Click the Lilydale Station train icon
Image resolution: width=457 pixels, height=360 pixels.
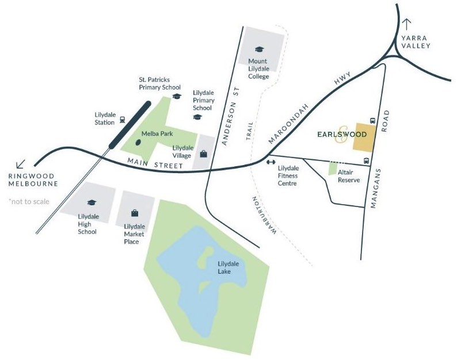point(123,121)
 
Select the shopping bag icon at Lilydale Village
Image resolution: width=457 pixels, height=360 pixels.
point(204,154)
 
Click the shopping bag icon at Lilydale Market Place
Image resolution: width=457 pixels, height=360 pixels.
point(135,212)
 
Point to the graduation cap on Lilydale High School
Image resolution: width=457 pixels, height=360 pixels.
point(90,202)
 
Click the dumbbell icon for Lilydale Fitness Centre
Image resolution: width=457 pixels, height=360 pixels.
point(271,162)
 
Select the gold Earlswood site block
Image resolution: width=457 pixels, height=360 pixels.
point(364,138)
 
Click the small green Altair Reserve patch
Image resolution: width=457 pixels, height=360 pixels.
point(333,168)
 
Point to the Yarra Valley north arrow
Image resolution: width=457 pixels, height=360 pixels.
point(408,24)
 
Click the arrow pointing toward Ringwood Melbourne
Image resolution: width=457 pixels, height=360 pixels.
point(21,164)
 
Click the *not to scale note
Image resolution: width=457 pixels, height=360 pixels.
point(29,201)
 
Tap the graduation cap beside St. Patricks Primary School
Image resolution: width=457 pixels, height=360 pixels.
point(177,96)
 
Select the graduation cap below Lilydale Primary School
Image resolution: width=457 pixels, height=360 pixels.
point(197,116)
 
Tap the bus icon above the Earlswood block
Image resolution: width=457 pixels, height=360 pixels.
point(373,121)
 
